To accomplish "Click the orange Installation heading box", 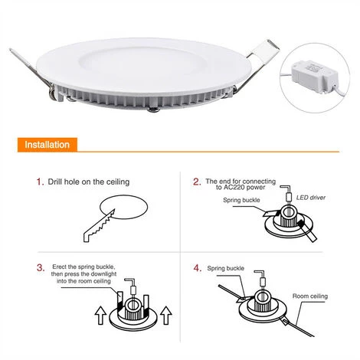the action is point(47,145).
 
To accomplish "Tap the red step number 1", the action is point(40,182).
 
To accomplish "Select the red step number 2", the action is point(197,182).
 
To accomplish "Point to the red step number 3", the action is point(41,268).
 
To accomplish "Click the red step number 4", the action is point(198,268).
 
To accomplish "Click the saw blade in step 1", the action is point(99,225).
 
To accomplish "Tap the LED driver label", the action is point(311,198).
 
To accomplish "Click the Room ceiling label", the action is point(310,296).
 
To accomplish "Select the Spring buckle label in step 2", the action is point(241,200).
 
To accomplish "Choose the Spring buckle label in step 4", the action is point(225,268).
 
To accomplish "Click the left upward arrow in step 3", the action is point(100,315).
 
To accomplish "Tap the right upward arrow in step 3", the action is point(166,315).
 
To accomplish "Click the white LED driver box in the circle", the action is point(315,76).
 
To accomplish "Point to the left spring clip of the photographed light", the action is point(33,73).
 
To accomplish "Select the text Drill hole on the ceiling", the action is point(89,182).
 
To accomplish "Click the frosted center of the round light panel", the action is point(142,64).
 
